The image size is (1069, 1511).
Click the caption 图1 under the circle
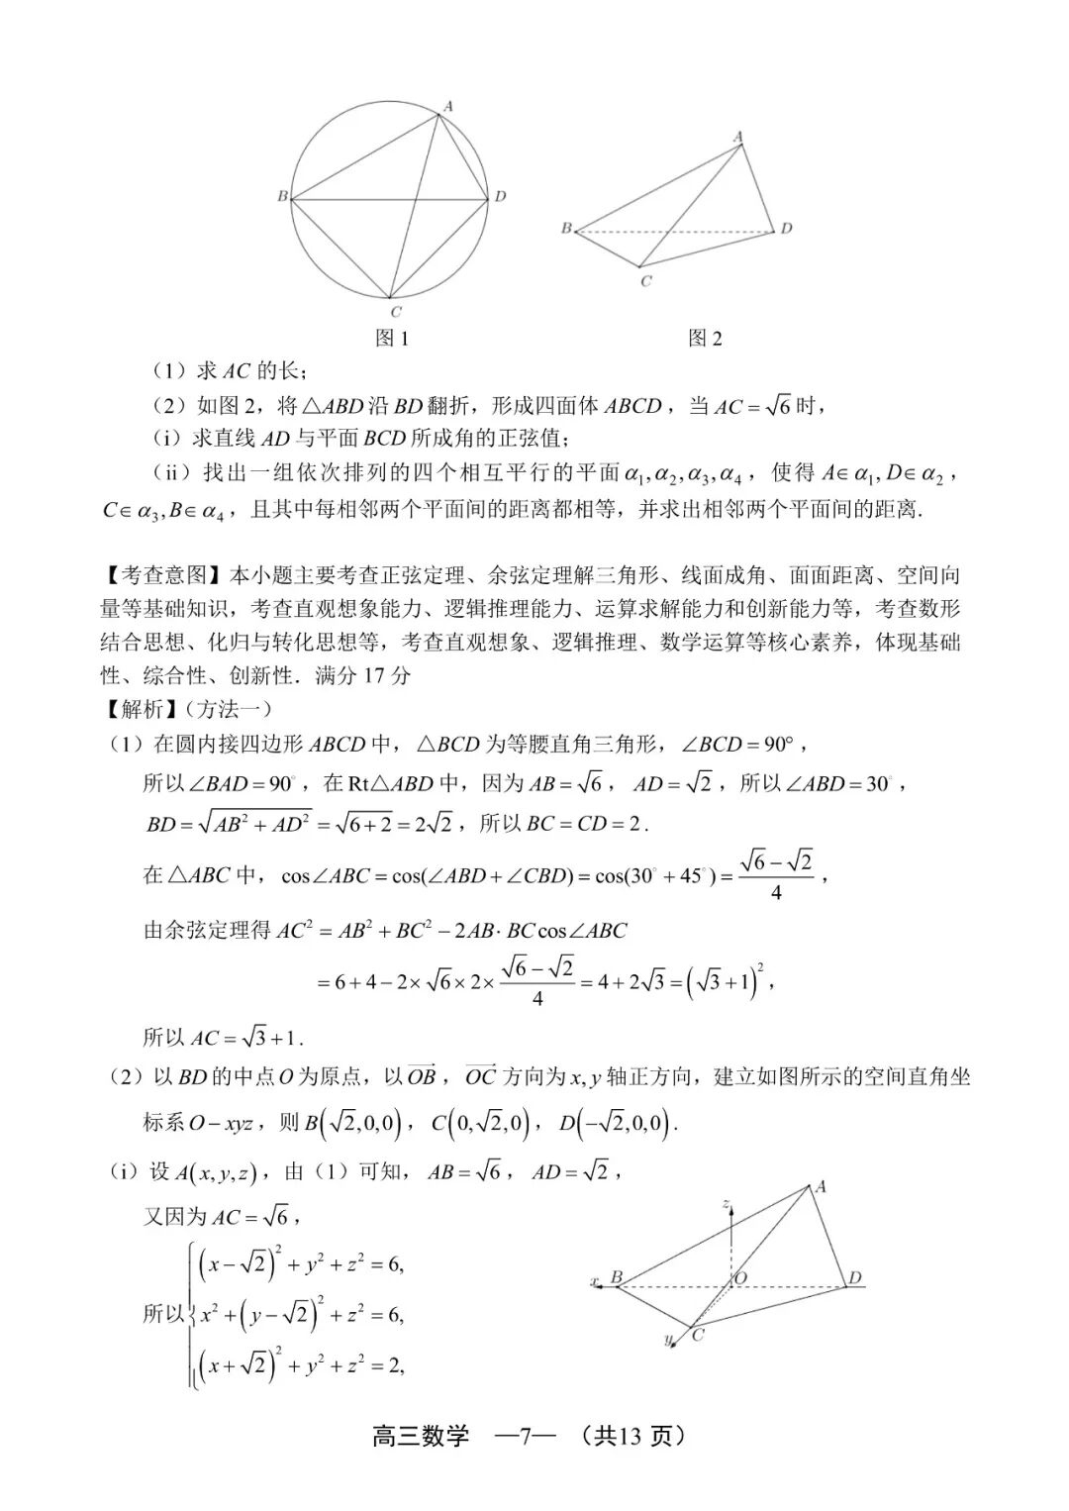[x=393, y=339]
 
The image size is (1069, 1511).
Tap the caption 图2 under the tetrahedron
[x=705, y=339]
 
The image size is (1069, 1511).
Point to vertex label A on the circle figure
[x=447, y=106]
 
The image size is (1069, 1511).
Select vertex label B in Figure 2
[x=566, y=229]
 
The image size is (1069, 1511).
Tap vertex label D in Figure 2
[x=786, y=229]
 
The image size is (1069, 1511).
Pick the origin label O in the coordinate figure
[x=739, y=1278]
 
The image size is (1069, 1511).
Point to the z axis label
[x=727, y=1204]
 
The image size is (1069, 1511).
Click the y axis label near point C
[x=668, y=1340]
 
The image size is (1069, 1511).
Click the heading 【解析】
[x=143, y=709]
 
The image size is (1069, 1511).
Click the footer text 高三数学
[x=421, y=1436]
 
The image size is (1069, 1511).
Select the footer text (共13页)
[x=633, y=1436]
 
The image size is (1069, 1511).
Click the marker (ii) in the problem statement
[x=172, y=472]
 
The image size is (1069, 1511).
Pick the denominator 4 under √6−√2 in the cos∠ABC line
[x=776, y=893]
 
